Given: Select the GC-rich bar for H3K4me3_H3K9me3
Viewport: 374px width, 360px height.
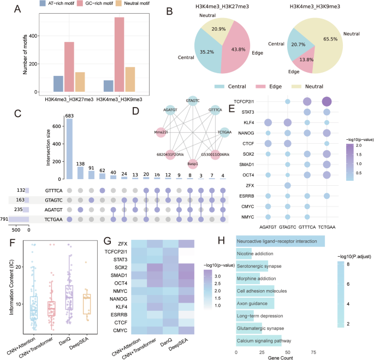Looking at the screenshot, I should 119,55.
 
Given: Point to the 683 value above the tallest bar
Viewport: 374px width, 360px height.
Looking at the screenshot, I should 69,116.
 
